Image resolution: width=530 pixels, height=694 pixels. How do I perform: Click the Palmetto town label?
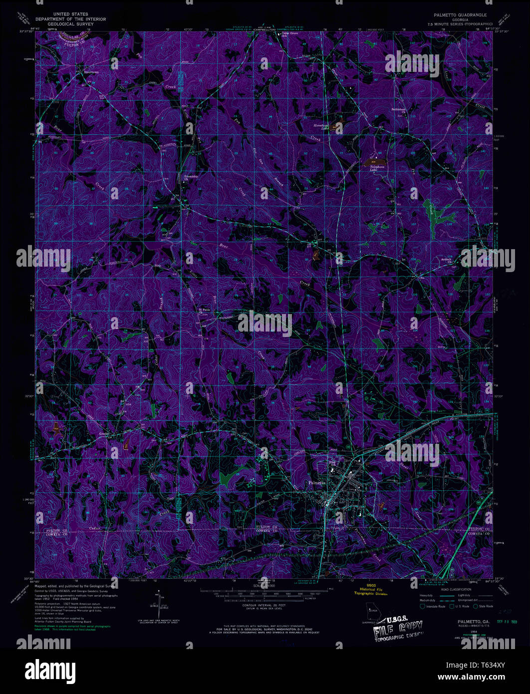tap(316, 483)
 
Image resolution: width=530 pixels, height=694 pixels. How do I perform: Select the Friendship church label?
tap(191, 177)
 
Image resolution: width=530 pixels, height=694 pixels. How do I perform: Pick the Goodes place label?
tap(104, 434)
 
